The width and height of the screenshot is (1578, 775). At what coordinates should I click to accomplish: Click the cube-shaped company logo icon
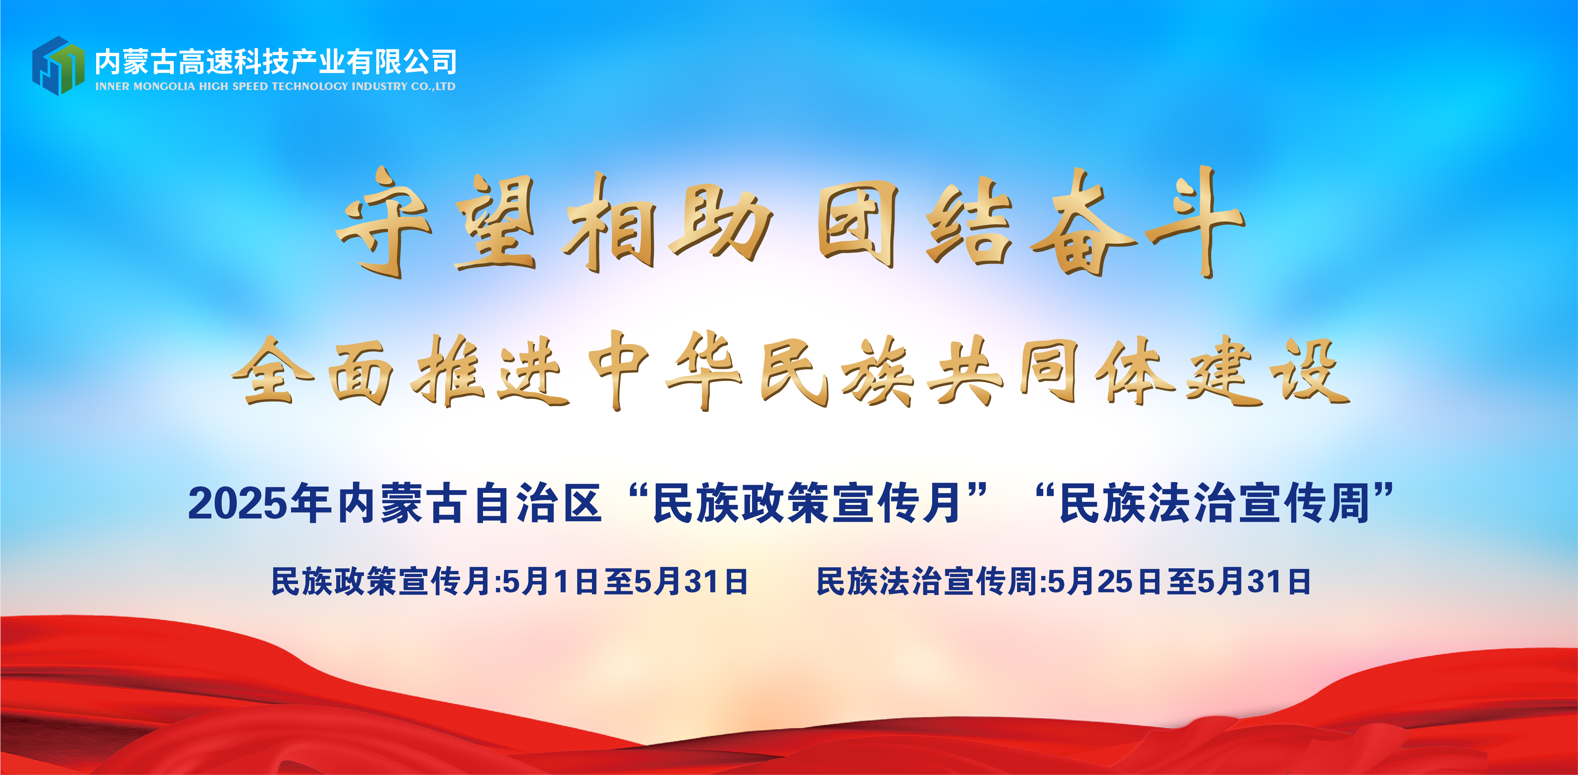click(x=58, y=66)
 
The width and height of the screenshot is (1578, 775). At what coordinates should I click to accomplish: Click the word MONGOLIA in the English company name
click(x=164, y=86)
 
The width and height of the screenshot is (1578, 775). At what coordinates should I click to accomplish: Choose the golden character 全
click(x=272, y=371)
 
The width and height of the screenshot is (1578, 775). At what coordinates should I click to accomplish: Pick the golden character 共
click(x=965, y=371)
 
